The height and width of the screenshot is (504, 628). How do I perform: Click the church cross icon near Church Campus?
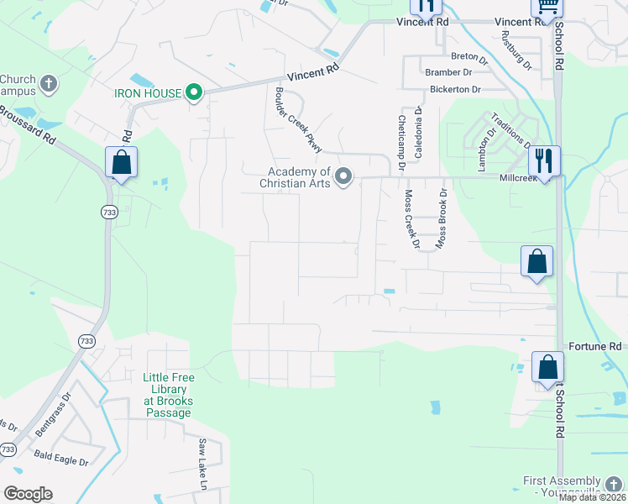(49, 84)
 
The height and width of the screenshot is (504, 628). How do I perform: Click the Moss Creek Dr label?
(411, 219)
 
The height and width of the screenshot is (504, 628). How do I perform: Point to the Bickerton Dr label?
(454, 89)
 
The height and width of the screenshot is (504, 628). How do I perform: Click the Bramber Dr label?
(449, 73)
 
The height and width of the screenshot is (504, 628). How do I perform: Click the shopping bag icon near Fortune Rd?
(547, 368)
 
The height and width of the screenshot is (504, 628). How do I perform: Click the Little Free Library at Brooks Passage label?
(168, 390)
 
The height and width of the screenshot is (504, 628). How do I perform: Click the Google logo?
(29, 494)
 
